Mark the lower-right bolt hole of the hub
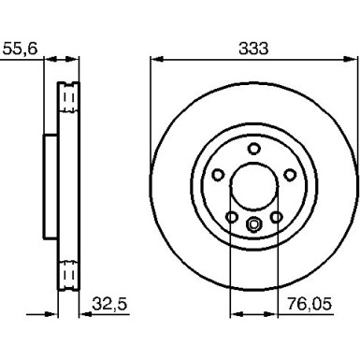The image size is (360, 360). tap(275, 217)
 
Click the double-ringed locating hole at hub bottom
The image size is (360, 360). tap(253, 223)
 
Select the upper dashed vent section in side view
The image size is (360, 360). tap(67, 99)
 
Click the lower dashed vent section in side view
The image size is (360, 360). tap(67, 273)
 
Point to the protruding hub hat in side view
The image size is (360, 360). tap(49, 186)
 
